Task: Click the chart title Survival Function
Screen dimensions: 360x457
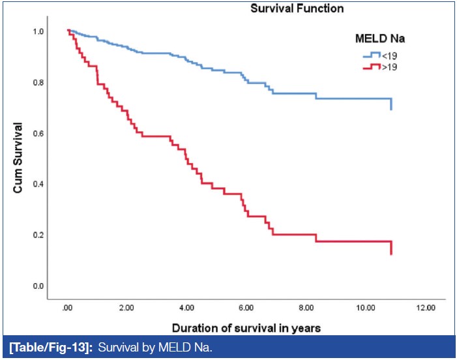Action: tap(297, 9)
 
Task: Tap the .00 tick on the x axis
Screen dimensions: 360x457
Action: tap(67, 307)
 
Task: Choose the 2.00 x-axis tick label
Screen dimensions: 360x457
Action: tap(126, 307)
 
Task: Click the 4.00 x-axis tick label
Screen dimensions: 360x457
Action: tap(186, 307)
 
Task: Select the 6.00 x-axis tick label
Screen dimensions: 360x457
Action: tap(246, 307)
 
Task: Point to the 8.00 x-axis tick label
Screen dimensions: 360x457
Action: tap(306, 307)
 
